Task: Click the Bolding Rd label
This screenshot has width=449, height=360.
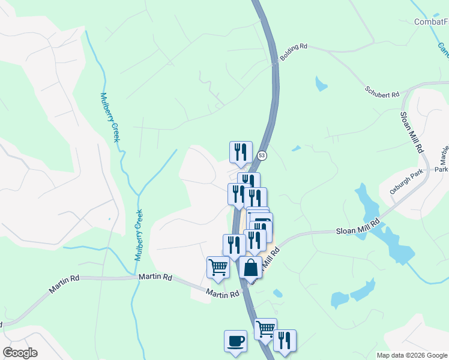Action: [295, 46]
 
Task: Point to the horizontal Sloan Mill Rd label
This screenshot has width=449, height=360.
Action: [358, 226]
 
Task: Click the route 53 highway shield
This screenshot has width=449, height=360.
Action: [262, 155]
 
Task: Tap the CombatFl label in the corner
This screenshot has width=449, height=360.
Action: [432, 22]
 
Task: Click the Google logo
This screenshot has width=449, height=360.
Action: [20, 353]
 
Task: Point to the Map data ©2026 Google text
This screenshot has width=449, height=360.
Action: [411, 355]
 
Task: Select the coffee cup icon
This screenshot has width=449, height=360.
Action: [235, 341]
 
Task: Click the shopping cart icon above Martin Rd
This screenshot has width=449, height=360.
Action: [218, 267]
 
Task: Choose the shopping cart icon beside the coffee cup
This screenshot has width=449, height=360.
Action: [265, 329]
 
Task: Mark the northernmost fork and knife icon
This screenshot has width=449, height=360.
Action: [241, 152]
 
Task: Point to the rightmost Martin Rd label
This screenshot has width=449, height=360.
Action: [223, 293]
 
